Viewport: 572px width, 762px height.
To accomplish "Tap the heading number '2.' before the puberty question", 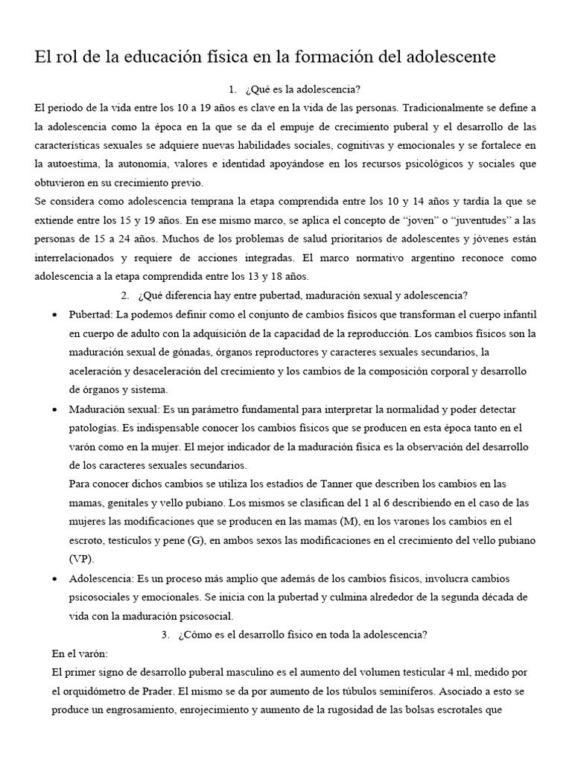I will [124, 293].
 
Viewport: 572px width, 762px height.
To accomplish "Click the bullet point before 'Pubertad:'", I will [55, 313].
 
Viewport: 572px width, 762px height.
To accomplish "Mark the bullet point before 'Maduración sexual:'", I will [55, 410].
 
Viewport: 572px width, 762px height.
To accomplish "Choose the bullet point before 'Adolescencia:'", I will [55, 578].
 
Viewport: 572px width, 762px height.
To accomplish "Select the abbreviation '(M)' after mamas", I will [349, 520].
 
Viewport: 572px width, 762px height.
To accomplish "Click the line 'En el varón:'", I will [80, 653].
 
